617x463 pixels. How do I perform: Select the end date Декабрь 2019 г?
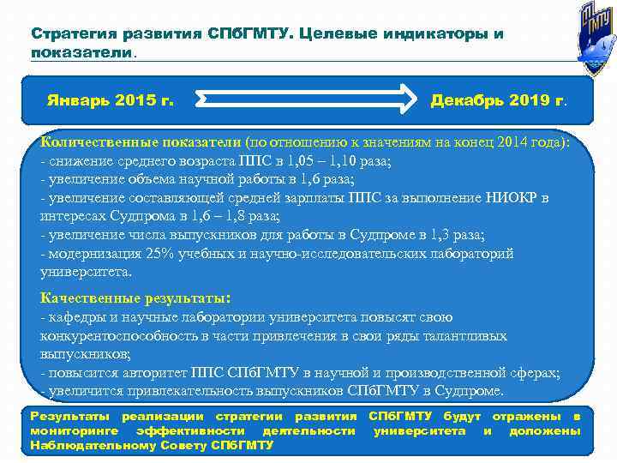(497, 101)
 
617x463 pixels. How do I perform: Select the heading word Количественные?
(91, 142)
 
